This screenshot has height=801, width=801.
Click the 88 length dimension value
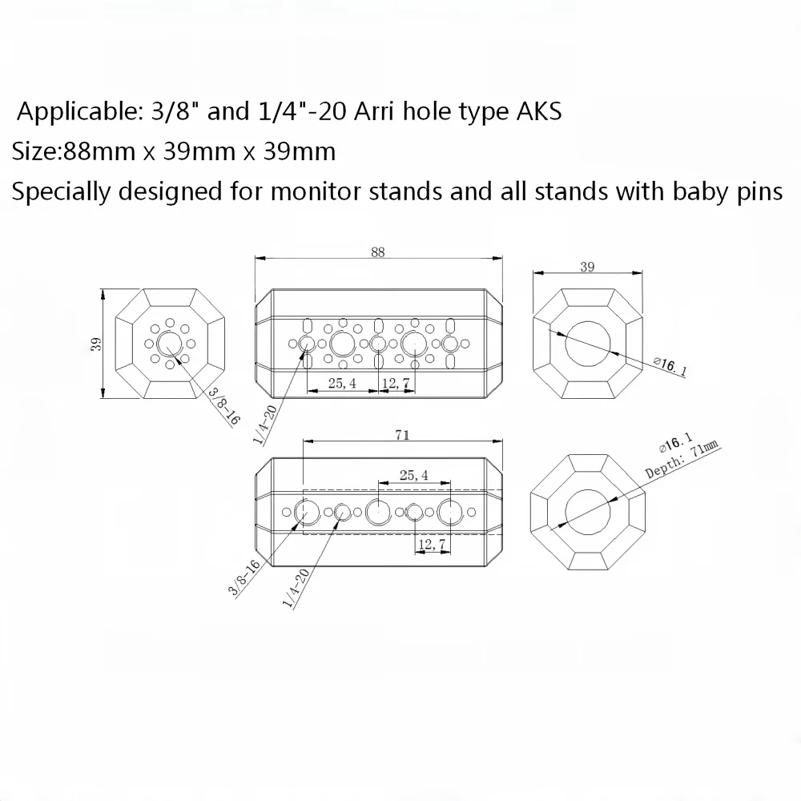click(x=377, y=252)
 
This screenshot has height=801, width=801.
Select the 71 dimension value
click(x=402, y=435)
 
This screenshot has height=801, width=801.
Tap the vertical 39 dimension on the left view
click(x=96, y=344)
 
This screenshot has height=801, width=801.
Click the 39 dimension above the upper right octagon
click(x=587, y=267)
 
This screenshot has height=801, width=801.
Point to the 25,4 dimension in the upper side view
click(x=342, y=383)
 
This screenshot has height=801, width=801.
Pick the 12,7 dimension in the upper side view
click(x=396, y=383)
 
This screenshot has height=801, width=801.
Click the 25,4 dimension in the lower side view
click(x=414, y=475)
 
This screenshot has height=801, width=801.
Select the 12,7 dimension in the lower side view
click(x=432, y=545)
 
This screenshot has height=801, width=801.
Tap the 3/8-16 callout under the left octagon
click(x=223, y=407)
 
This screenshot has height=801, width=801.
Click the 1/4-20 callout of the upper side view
click(x=265, y=424)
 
